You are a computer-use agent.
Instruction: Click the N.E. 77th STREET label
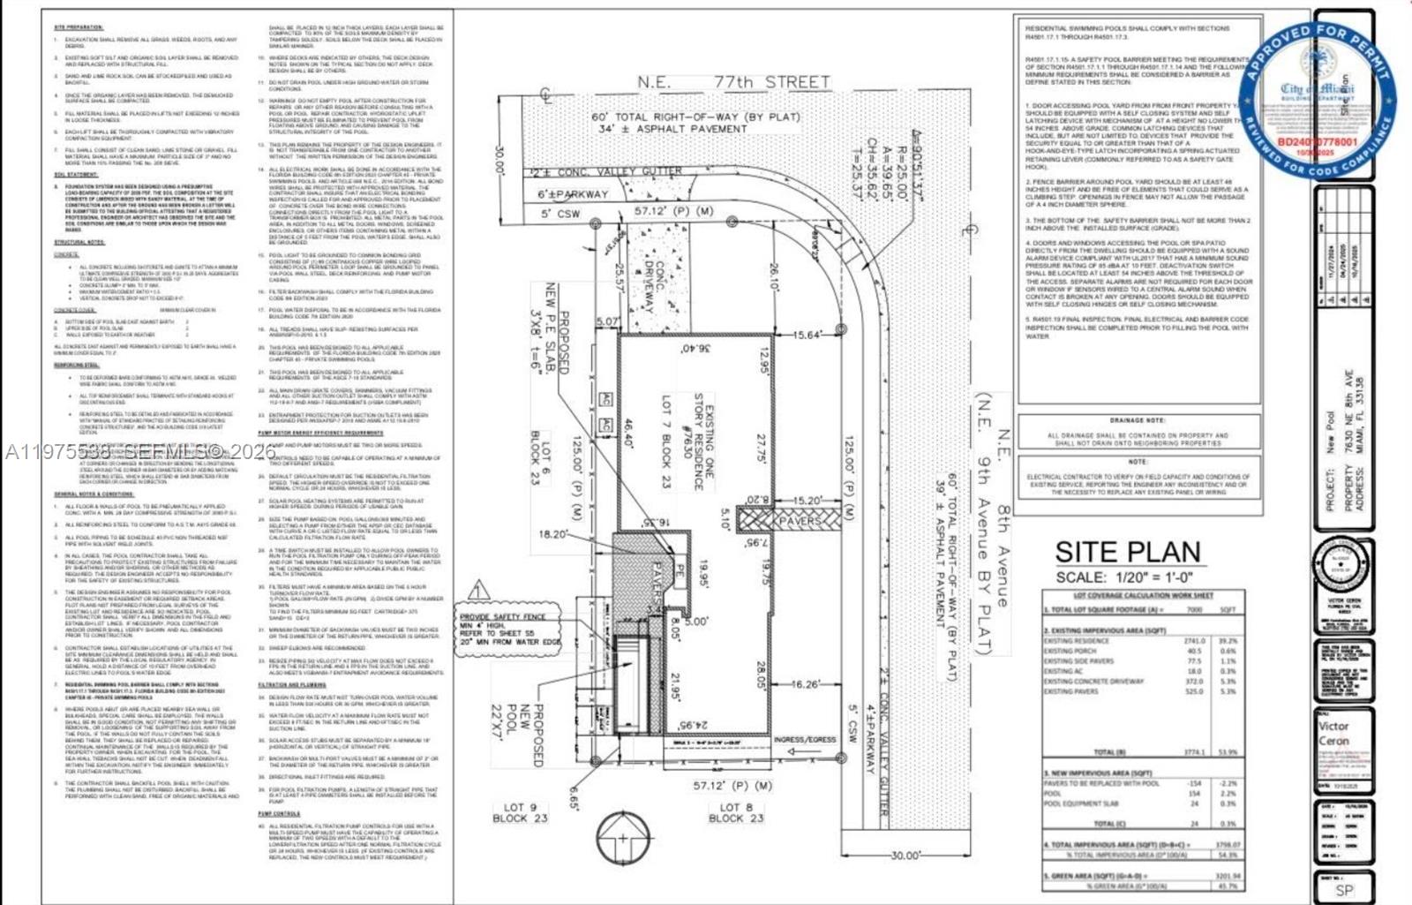[732, 82]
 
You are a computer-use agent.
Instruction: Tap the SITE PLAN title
[1127, 553]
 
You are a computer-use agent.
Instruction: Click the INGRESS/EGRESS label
[805, 740]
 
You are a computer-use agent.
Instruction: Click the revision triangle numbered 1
[478, 590]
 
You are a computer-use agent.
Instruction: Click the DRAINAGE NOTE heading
[1138, 420]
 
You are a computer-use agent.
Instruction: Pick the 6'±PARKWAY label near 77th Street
[573, 194]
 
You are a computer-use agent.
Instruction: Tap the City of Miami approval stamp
[1316, 99]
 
